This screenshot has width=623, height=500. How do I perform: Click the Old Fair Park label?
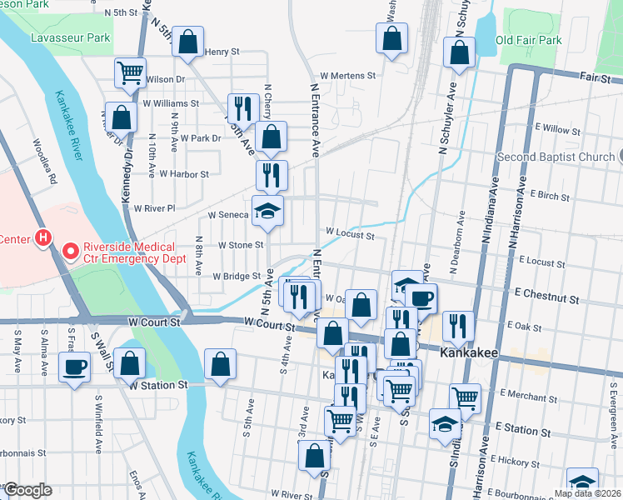pos(529,40)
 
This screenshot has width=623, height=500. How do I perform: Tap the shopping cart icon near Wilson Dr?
pos(130,72)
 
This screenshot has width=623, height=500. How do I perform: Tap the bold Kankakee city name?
pos(468,354)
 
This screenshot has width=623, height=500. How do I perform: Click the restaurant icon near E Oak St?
pos(458,326)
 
